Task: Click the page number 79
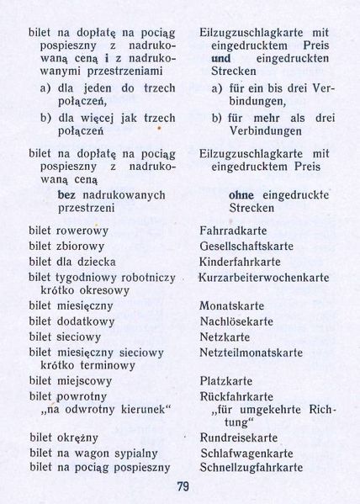click(x=183, y=486)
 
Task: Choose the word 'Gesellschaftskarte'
click(x=246, y=246)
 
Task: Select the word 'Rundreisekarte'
click(x=240, y=438)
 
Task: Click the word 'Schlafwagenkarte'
click(x=246, y=453)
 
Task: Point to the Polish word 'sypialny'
click(x=145, y=453)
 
